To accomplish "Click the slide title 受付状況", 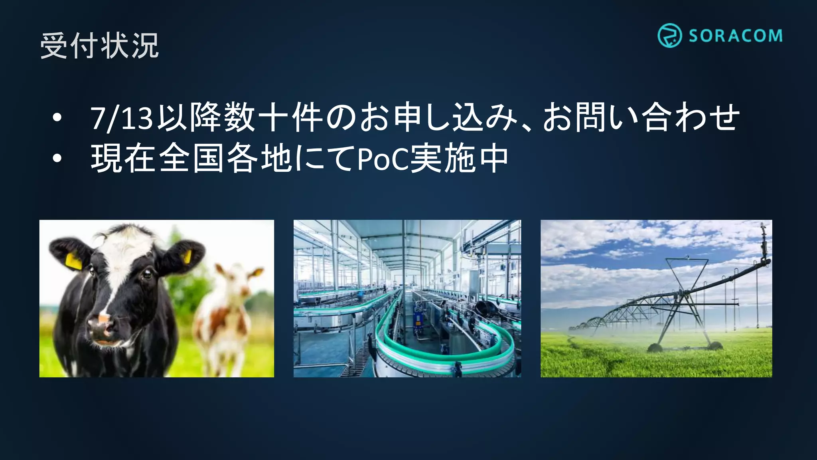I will pyautogui.click(x=99, y=46).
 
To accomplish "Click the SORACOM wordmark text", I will pyautogui.click(x=735, y=36).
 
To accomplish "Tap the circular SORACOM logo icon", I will pyautogui.click(x=669, y=36).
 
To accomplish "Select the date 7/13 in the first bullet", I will pyautogui.click(x=122, y=118).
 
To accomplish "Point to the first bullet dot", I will pyautogui.click(x=57, y=118).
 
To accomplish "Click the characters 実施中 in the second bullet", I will pyautogui.click(x=459, y=159).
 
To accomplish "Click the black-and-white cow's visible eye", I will pyautogui.click(x=147, y=274).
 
